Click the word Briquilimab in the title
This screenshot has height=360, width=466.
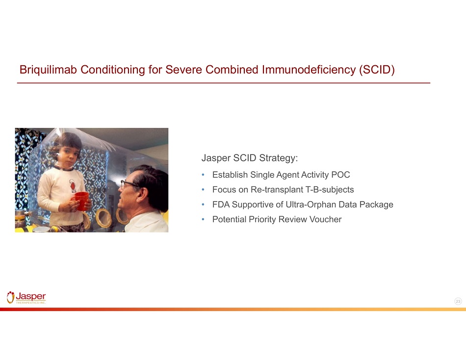pos(49,70)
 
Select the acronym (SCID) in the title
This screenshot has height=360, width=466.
pos(377,70)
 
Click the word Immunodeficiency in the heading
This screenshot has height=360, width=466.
pos(309,70)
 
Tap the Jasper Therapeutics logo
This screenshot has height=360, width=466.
pos(26,297)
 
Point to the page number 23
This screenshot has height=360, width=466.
pos(458,301)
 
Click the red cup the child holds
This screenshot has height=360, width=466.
pos(81,201)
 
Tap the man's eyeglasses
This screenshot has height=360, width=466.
pos(129,184)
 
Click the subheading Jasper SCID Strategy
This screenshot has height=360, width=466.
pos(250,158)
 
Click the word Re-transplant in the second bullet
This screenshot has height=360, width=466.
pos(277,190)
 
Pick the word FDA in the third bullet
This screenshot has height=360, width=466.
pos(221,205)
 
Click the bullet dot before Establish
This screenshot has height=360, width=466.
pos(203,175)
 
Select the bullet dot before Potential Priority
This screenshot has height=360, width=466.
pos(203,219)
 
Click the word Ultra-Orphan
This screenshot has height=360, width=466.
pos(311,205)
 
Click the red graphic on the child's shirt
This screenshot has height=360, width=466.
pos(73,186)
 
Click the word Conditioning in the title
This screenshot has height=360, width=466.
pos(113,70)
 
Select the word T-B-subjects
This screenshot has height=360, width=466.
pos(330,190)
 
